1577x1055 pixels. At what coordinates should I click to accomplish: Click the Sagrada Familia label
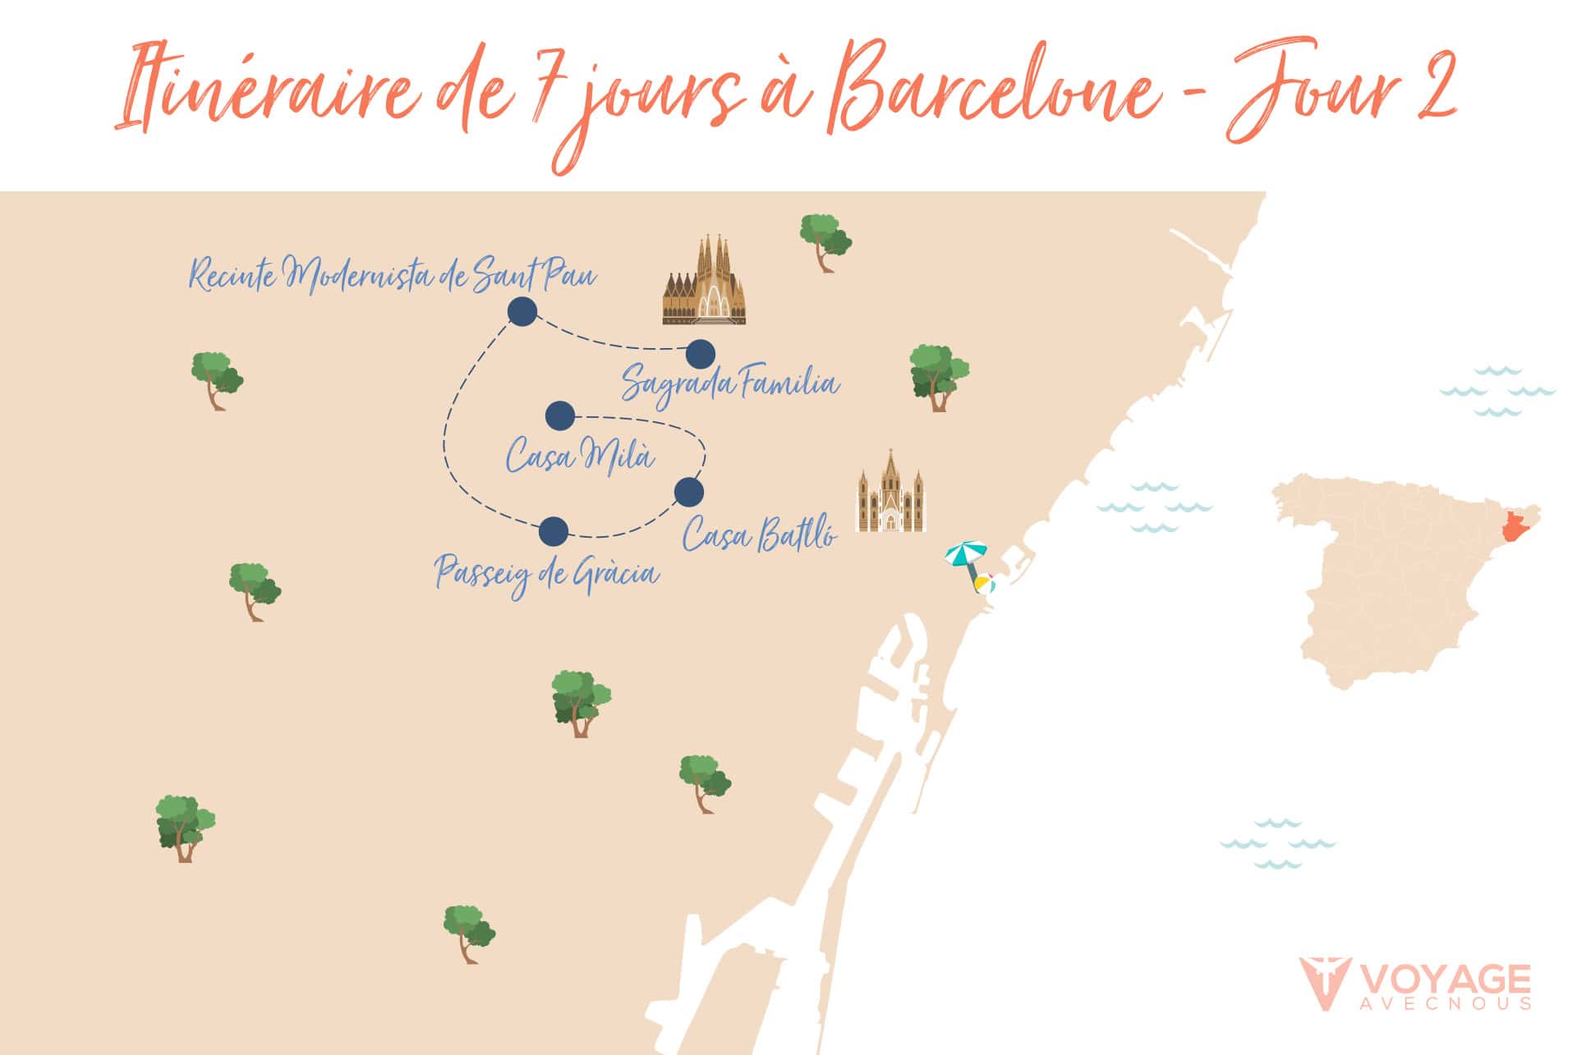tap(730, 384)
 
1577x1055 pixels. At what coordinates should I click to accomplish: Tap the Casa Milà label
tap(580, 455)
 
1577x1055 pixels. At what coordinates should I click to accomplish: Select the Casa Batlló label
tap(760, 535)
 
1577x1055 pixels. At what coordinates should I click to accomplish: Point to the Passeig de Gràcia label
tap(547, 573)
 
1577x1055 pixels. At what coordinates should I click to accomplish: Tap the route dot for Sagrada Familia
tap(700, 355)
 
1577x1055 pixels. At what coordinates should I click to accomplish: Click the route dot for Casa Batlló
tap(688, 492)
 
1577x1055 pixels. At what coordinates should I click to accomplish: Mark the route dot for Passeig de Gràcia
tap(554, 532)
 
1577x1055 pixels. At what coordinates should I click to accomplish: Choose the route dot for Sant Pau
tap(522, 312)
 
